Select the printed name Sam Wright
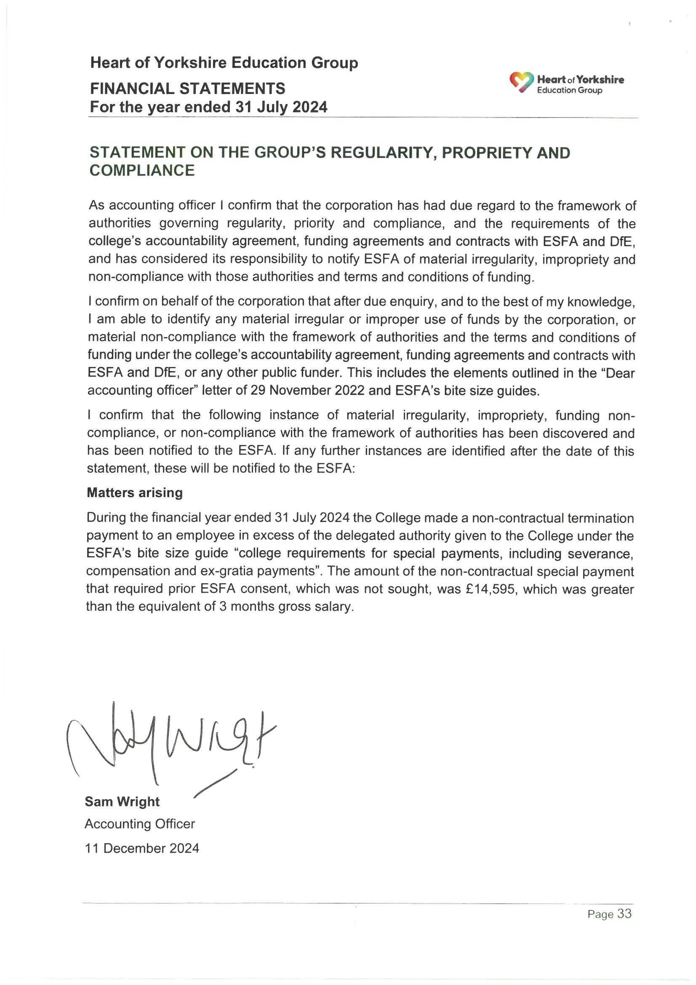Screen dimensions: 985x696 point(122,801)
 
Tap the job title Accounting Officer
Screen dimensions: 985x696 point(140,824)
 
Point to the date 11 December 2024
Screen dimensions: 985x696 point(142,848)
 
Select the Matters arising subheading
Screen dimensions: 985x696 point(135,492)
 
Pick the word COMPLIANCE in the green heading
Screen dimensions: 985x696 point(142,171)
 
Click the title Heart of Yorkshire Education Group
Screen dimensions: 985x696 point(224,63)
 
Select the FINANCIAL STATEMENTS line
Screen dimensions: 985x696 point(187,89)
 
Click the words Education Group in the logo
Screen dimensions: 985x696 point(570,91)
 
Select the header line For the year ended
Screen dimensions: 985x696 point(208,107)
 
